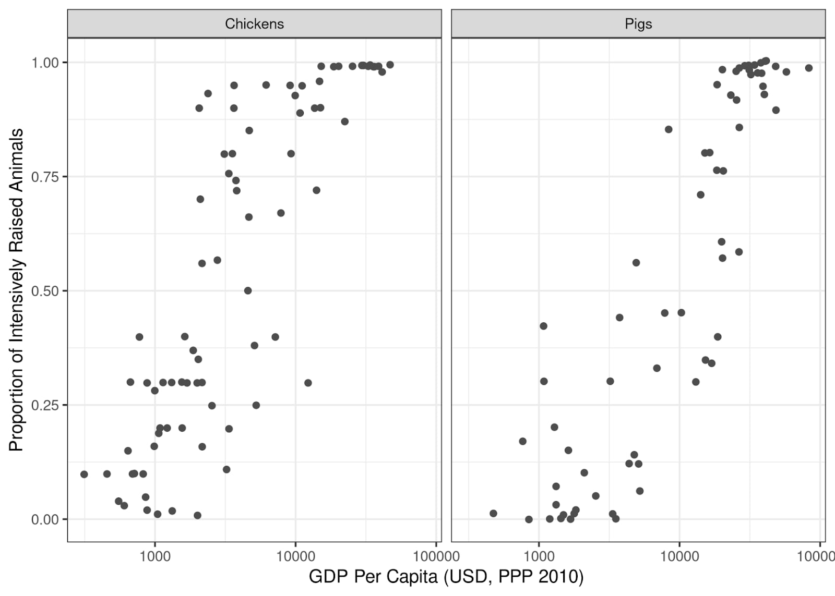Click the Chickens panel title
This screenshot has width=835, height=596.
click(254, 24)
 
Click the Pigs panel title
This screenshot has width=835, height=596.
click(638, 24)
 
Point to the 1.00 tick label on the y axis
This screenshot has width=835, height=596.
click(45, 63)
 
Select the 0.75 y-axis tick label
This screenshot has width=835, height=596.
click(45, 177)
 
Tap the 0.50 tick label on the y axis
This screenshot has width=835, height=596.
click(45, 291)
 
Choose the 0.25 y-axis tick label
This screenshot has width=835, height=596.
click(45, 405)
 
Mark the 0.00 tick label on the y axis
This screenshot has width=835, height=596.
click(45, 519)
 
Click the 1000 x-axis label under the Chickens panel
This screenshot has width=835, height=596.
click(154, 556)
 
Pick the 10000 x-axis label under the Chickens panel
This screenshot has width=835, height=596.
click(295, 556)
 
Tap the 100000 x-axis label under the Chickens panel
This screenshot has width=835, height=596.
click(436, 556)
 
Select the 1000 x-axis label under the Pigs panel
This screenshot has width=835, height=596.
click(539, 556)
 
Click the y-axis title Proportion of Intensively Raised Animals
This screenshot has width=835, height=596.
click(16, 290)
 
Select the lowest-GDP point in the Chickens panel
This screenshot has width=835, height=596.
click(84, 474)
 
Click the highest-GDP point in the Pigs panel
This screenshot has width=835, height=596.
click(808, 68)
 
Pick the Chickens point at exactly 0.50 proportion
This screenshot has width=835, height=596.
click(248, 290)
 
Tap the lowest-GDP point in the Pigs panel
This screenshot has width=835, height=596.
click(493, 513)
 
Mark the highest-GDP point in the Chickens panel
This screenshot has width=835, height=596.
click(390, 65)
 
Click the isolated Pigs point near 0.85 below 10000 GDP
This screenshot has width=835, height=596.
click(669, 129)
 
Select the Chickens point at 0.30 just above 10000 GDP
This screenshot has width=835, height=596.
click(308, 383)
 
